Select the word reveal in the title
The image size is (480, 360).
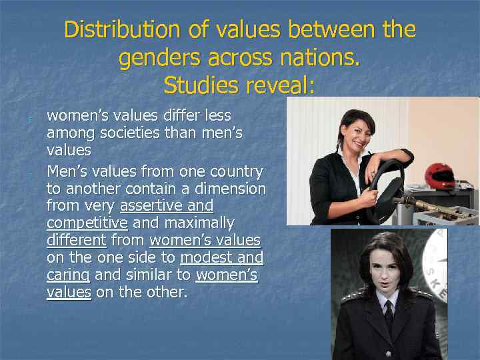click(x=279, y=85)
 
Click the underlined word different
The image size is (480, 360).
click(x=77, y=240)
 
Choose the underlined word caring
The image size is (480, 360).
click(x=68, y=275)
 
